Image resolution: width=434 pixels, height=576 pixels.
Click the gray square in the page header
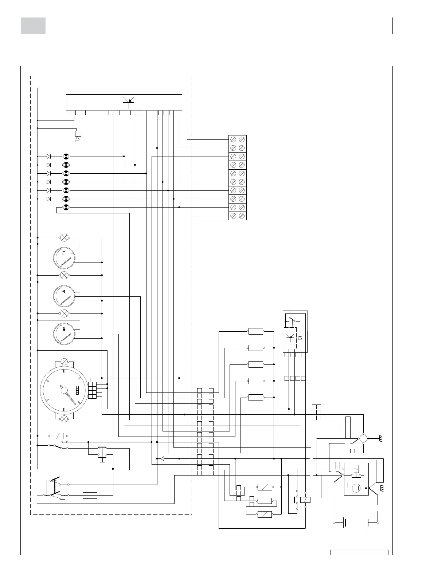coord(33,25)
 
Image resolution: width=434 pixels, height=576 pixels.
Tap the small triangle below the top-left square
coord(77,139)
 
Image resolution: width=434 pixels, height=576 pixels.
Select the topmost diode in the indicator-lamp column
coord(48,156)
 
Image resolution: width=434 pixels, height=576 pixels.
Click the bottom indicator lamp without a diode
coord(66,208)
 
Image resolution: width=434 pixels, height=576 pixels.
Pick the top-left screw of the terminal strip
coord(233,139)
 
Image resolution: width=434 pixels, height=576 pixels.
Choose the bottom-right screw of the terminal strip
coord(242,216)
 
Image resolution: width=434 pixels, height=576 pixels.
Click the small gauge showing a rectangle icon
coord(64,258)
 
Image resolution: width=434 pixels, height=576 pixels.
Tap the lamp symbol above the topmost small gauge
coord(64,238)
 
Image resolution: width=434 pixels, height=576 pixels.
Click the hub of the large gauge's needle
coord(64,390)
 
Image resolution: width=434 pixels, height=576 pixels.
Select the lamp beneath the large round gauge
coord(64,419)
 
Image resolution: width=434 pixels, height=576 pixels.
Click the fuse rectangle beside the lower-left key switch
coord(90,495)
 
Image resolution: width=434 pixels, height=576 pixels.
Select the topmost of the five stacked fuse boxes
coord(255,331)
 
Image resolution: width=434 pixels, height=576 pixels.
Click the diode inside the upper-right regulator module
coord(300,338)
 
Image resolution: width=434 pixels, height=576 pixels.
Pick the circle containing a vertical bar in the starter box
coord(356,488)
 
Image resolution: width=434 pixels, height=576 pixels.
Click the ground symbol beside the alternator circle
coord(381,439)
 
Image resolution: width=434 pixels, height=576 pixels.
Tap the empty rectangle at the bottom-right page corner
coord(359,552)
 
